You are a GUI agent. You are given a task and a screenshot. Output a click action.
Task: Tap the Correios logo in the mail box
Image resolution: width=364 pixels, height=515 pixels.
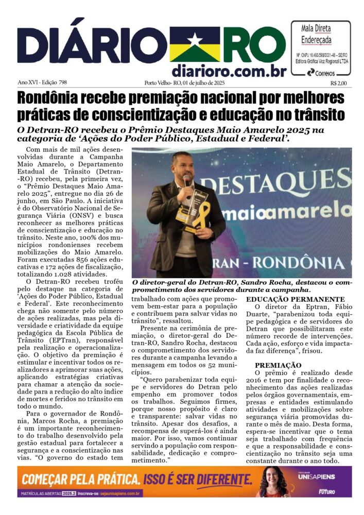click(x=320, y=73)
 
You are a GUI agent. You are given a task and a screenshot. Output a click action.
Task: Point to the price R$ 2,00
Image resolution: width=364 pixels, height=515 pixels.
click(x=338, y=82)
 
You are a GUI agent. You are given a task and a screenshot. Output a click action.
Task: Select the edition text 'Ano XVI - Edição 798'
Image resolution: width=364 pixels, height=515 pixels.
click(x=43, y=82)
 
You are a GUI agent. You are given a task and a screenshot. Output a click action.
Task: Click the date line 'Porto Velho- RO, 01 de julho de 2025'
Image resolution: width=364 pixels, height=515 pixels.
click(x=184, y=82)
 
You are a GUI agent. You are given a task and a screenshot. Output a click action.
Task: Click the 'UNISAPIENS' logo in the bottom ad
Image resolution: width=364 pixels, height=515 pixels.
click(x=323, y=477)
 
